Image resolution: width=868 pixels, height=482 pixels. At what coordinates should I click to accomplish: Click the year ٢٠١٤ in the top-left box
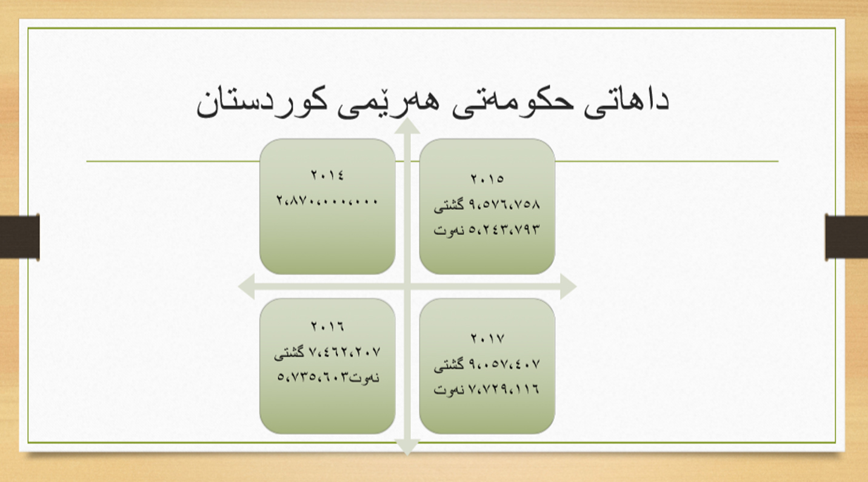327,175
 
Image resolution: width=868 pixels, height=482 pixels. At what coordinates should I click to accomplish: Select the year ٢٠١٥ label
487,179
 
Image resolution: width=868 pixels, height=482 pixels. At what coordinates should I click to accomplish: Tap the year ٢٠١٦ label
327,326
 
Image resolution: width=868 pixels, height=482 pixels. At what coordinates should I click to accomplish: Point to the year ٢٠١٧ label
487,338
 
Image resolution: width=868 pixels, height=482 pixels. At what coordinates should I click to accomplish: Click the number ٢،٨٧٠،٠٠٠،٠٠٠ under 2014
327,200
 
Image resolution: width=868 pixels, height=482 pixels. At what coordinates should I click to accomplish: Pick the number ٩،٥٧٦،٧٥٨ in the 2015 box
504,204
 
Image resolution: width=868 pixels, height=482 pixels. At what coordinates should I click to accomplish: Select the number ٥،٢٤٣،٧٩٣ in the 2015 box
504,229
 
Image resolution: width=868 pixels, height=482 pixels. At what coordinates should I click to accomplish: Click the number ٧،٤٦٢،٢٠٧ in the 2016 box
344,352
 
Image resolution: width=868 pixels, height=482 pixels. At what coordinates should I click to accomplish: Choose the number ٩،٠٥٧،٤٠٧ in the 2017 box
504,364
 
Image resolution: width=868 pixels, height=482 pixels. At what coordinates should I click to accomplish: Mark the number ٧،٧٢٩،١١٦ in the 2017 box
504,389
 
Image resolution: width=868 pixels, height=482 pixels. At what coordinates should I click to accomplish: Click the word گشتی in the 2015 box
449,205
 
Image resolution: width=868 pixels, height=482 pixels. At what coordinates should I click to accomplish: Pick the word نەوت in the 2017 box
449,390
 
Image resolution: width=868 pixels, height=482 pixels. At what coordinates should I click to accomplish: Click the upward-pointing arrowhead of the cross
407,126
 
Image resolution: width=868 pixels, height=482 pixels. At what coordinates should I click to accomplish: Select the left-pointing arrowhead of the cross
247,286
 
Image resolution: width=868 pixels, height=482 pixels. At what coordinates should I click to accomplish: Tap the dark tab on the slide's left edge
20,237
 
